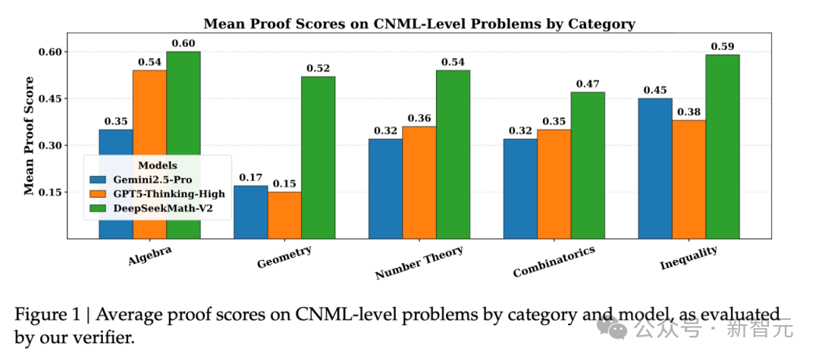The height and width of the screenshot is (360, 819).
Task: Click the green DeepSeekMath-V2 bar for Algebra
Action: tap(184, 145)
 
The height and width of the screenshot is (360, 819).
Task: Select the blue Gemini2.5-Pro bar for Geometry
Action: tap(250, 212)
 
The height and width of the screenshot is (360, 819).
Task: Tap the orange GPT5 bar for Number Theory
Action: tap(419, 182)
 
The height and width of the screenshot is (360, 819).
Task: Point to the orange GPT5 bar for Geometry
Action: tap(284, 215)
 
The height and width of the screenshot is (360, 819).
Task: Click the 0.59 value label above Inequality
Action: tap(722, 47)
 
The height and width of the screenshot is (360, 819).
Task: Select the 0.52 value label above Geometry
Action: tap(318, 69)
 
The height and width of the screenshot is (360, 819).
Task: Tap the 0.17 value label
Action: tap(250, 178)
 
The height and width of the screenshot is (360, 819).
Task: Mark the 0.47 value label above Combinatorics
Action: tap(588, 84)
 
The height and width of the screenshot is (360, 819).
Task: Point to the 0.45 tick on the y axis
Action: tap(51, 99)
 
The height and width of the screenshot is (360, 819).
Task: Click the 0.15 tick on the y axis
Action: tap(51, 193)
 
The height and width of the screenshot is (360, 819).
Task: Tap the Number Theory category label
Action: tap(419, 263)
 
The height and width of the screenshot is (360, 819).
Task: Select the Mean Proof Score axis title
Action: tap(29, 136)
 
